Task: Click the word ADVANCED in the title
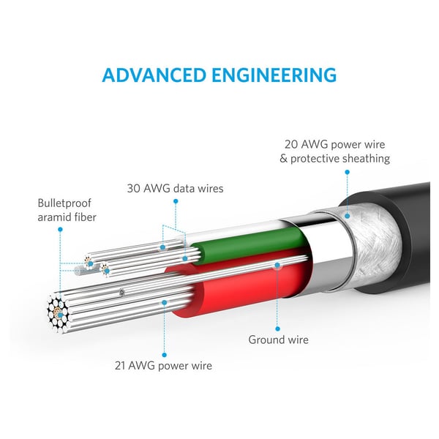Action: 154,75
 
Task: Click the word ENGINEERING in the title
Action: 274,75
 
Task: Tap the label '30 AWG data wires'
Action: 176,188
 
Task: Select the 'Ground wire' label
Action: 278,339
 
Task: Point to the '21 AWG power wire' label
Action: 163,366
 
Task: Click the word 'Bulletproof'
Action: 64,203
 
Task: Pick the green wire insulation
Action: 249,245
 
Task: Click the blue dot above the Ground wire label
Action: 277,329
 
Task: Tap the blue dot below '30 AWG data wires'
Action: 176,201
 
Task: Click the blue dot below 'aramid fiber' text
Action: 60,230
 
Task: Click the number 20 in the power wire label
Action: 291,144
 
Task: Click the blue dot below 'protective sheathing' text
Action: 347,172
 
